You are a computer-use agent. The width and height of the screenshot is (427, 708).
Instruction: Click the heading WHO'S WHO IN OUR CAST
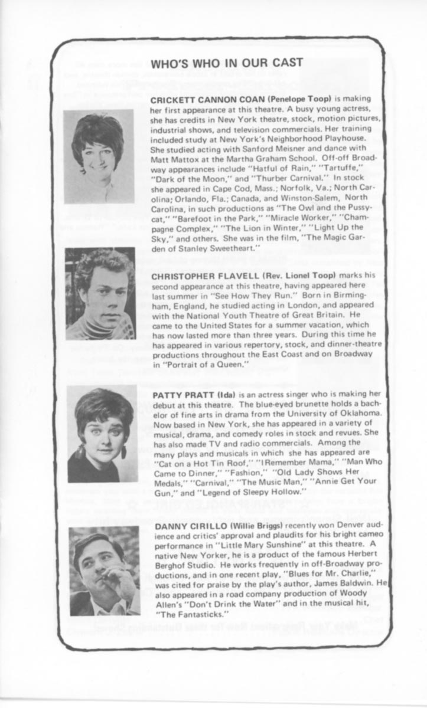[227, 64]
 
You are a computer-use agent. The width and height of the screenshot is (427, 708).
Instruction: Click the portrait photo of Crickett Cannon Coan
[98, 156]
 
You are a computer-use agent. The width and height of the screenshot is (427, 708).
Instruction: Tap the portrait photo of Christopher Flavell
[100, 293]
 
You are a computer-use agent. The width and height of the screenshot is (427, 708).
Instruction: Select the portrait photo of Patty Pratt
[102, 434]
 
